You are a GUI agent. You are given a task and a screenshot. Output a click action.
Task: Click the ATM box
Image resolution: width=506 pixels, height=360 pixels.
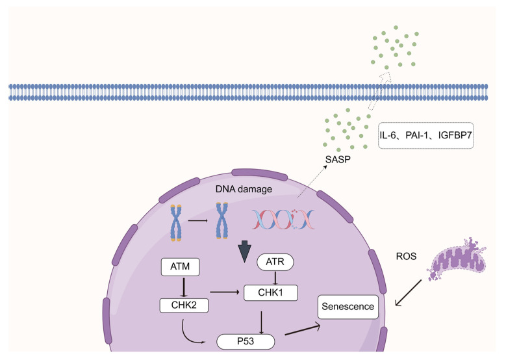click(x=180, y=266)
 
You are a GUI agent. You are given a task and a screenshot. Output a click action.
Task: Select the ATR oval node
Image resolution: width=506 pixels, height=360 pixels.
click(x=275, y=262)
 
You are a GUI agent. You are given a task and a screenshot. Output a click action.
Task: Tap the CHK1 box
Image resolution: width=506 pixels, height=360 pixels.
click(x=270, y=293)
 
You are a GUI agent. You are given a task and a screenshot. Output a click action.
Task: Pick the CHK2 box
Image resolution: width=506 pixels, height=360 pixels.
click(x=184, y=305)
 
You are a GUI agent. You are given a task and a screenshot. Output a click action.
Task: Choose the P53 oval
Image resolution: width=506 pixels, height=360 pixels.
click(x=246, y=342)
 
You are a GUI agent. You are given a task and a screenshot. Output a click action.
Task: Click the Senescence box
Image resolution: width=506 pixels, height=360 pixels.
click(x=348, y=307)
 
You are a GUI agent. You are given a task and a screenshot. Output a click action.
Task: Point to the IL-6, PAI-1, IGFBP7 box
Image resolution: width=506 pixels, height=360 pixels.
click(x=425, y=135)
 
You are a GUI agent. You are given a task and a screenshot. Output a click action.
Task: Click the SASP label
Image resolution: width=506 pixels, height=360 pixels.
click(x=338, y=159)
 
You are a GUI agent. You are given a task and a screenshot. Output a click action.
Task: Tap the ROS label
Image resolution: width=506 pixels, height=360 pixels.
click(x=406, y=257)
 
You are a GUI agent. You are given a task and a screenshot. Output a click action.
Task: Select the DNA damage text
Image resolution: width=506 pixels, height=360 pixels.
click(x=244, y=189)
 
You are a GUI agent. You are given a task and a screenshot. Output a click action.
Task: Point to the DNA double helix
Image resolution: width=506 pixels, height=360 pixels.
click(x=283, y=220)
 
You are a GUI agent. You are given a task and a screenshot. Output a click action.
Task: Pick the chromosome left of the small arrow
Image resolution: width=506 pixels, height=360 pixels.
click(x=176, y=223)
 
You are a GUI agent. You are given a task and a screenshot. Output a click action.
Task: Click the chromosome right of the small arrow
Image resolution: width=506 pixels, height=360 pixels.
click(x=222, y=220)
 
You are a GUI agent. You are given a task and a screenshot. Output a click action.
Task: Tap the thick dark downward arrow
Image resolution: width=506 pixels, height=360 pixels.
click(x=245, y=251)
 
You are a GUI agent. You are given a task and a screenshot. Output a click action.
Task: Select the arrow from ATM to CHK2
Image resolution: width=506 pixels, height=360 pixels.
click(x=184, y=287)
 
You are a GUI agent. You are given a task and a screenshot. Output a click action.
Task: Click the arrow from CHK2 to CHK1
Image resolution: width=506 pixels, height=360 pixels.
click(x=225, y=292)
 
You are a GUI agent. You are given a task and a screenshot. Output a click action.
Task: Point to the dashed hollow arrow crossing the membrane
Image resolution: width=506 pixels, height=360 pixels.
click(x=379, y=92)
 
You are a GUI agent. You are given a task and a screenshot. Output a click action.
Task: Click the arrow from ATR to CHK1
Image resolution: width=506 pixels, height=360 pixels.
click(x=275, y=277)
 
